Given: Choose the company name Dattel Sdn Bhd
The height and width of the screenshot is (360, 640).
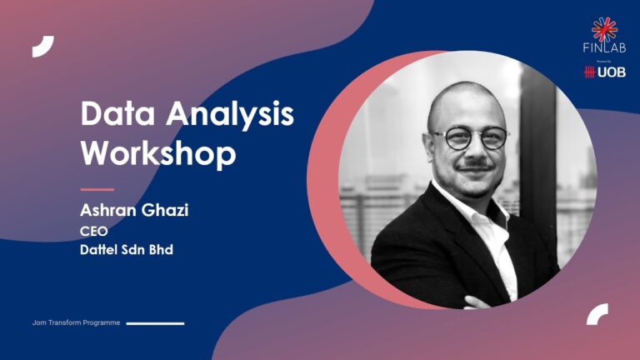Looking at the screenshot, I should pos(126,249).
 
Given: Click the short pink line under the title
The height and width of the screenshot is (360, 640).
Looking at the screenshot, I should pos(97,189).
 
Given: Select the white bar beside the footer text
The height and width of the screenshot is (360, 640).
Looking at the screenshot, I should pos(155,322).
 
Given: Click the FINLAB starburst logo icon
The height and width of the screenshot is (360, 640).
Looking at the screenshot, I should pos(604,29).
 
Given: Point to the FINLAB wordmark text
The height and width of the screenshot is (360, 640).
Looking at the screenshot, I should pos(604,48).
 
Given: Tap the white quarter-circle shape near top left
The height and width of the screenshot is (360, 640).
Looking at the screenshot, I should pos(42,47).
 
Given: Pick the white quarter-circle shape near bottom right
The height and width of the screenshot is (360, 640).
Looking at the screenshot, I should pos(597,314).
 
